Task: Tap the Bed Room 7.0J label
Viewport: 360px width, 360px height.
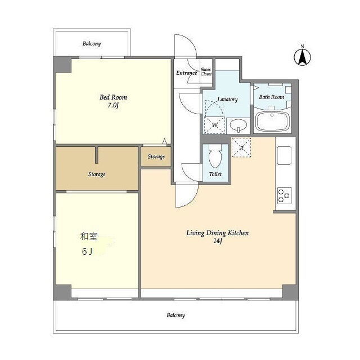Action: [x=113, y=101]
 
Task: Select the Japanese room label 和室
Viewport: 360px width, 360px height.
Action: [x=89, y=236]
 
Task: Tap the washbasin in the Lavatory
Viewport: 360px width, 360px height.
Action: [x=238, y=125]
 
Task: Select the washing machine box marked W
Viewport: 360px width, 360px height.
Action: [x=214, y=125]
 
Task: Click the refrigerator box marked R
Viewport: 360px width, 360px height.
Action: [x=241, y=147]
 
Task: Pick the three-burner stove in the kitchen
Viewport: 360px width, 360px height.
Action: [x=285, y=196]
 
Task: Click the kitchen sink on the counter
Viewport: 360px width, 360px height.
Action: [x=284, y=156]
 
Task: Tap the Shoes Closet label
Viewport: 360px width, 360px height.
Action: [x=206, y=71]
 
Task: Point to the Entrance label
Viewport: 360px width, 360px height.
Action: [x=186, y=73]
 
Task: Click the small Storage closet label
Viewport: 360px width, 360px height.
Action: [x=156, y=156]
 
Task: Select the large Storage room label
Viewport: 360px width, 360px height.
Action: [x=97, y=174]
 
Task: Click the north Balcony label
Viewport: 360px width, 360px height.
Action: [x=92, y=43]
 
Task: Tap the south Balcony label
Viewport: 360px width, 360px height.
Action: [x=175, y=315]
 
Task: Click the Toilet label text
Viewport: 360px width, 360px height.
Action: [x=215, y=174]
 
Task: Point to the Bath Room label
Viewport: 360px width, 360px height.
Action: [x=271, y=97]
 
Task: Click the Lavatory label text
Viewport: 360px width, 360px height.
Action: [x=227, y=100]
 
